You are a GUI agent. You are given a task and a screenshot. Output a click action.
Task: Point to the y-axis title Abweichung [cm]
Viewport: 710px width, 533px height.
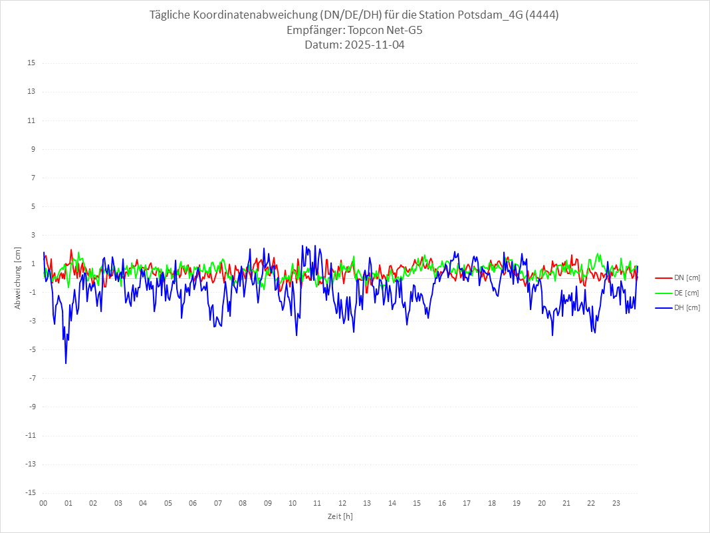coord(18,277)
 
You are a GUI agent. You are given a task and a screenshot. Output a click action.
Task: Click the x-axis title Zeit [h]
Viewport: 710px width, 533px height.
coord(340,516)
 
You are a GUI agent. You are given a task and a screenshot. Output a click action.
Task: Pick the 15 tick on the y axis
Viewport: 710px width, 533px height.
coord(31,63)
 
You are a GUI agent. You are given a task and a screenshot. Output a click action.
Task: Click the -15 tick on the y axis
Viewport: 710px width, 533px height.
coord(30,492)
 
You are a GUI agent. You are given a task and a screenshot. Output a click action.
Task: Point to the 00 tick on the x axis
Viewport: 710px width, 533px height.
coord(43,503)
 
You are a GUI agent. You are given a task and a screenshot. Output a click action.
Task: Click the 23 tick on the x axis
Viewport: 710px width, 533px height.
coord(616,503)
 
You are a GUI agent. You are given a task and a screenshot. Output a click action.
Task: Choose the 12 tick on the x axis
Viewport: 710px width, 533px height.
coord(342,503)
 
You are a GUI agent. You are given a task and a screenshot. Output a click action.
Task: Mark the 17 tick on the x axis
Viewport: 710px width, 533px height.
coord(467,503)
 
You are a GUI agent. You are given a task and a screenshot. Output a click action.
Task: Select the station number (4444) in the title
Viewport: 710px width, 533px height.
coord(542,15)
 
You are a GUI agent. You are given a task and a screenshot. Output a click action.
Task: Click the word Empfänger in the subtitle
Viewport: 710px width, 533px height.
coord(315,30)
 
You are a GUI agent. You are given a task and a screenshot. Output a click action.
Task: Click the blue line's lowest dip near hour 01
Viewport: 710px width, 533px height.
coord(66,363)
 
